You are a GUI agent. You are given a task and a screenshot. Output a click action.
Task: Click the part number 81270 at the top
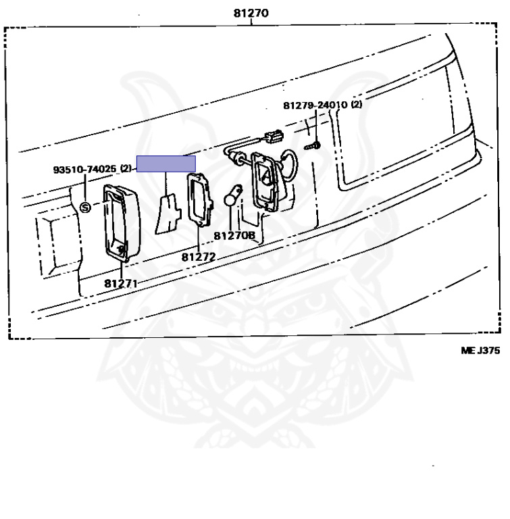click(250, 13)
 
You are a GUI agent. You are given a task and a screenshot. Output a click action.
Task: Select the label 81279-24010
click(315, 105)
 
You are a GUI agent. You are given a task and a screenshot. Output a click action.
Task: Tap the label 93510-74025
click(85, 169)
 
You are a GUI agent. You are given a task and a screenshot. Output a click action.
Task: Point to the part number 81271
click(121, 282)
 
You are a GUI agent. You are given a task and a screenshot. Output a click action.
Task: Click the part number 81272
click(198, 257)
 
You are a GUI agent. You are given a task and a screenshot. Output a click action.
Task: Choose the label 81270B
click(234, 236)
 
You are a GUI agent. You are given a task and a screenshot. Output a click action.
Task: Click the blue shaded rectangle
click(166, 164)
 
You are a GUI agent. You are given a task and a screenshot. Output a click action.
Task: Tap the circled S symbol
click(86, 207)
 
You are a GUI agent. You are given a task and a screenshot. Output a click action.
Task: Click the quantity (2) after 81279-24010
click(356, 105)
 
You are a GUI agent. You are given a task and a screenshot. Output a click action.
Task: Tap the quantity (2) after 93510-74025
click(126, 169)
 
